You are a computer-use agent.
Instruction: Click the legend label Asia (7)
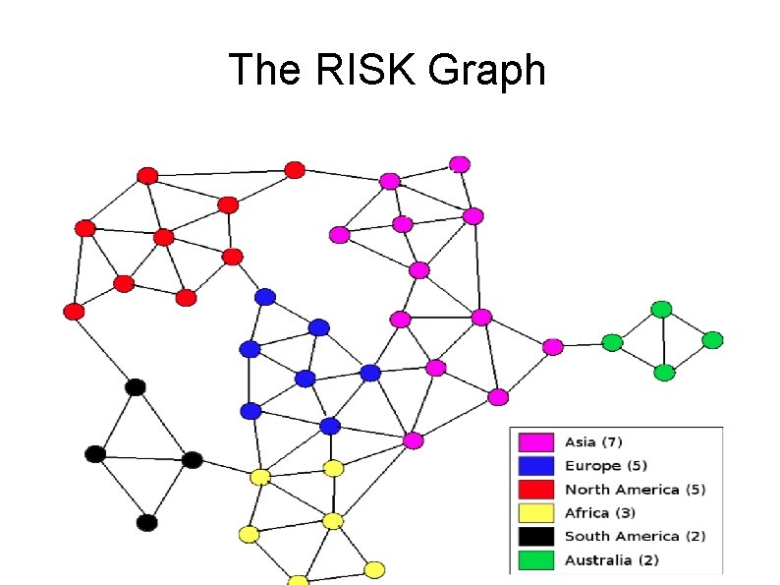(x=593, y=441)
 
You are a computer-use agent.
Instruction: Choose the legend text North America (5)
(x=635, y=489)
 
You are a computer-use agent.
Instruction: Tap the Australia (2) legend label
(x=611, y=560)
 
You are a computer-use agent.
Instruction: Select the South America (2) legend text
(x=635, y=536)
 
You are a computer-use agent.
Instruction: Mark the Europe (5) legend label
(x=605, y=465)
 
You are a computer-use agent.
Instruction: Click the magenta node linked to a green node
(x=553, y=346)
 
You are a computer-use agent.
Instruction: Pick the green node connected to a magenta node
(x=612, y=343)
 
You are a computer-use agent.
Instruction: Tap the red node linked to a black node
(x=74, y=312)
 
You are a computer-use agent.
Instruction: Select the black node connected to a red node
(x=136, y=387)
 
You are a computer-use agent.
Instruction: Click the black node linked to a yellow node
(x=193, y=460)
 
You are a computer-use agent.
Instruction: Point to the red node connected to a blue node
(x=233, y=257)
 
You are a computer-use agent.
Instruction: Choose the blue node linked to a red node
(x=264, y=297)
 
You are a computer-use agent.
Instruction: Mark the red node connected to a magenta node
(x=294, y=170)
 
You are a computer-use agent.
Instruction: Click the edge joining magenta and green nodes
(x=583, y=345)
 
